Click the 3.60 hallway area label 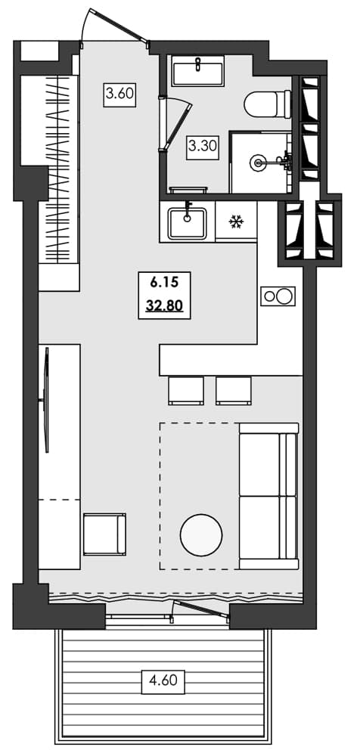[x=119, y=94]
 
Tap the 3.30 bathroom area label [x=203, y=146]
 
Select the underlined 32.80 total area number [x=165, y=308]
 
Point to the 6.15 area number [x=164, y=284]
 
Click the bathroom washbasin [x=197, y=73]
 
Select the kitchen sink [x=187, y=222]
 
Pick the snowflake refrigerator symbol [x=236, y=222]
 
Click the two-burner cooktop [x=278, y=296]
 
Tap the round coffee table [x=201, y=535]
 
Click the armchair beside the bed [x=104, y=534]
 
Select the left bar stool [x=185, y=390]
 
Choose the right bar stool [x=233, y=390]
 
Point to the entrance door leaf [x=118, y=24]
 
